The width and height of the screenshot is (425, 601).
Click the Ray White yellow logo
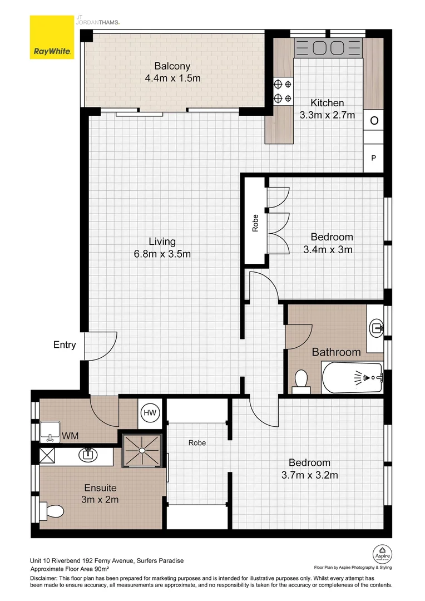pyautogui.click(x=52, y=38)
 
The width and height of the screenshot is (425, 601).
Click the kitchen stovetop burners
pyautogui.click(x=283, y=92)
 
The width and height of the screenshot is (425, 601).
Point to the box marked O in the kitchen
pyautogui.click(x=374, y=121)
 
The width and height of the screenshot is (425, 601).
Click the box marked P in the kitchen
pyautogui.click(x=374, y=158)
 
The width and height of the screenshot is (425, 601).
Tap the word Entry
pyautogui.click(x=64, y=345)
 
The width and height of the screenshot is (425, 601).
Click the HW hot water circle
pyautogui.click(x=150, y=412)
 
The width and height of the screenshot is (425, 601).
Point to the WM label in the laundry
pyautogui.click(x=69, y=435)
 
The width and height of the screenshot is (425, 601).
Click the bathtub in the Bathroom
pyautogui.click(x=352, y=378)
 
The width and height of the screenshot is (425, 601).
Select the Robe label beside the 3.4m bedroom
pyautogui.click(x=255, y=223)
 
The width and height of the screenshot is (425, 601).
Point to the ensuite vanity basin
pyautogui.click(x=88, y=455)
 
